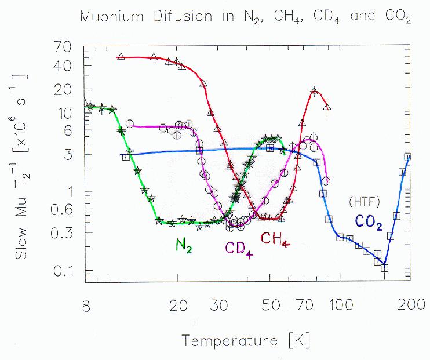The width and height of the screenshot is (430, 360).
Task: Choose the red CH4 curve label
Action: pos(275,239)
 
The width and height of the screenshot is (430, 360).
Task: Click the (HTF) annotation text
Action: pos(363,202)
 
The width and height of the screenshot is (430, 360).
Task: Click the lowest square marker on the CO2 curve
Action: pos(384,267)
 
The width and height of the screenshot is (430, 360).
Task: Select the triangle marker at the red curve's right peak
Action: pos(314,91)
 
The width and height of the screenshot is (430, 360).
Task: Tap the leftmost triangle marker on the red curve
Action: pos(121,56)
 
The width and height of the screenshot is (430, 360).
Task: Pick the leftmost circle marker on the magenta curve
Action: pos(130,123)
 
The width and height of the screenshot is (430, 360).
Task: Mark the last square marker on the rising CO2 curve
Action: pos(407,157)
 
